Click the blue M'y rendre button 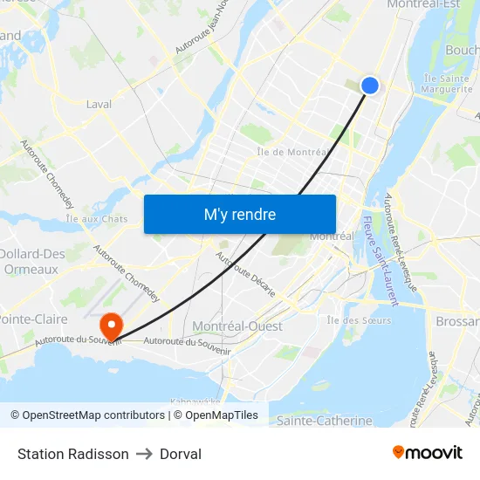239,214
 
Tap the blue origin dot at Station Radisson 369,85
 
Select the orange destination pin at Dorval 112,326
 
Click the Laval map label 99,104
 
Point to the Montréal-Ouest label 237,326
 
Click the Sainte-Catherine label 324,421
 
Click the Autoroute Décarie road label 245,275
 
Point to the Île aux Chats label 97,219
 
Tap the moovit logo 427,452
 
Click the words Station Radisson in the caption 73,454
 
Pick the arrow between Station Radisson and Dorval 144,454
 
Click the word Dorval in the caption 181,454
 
